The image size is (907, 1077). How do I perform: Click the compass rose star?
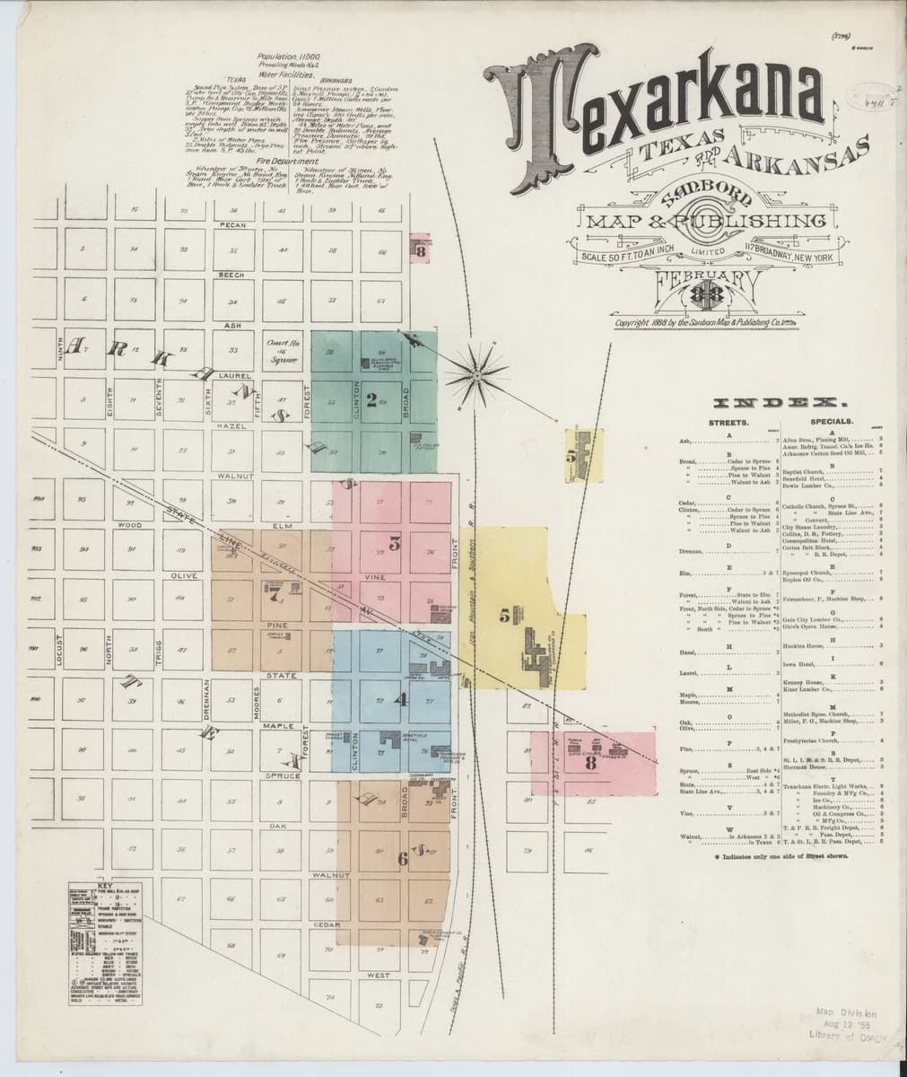[x=480, y=371]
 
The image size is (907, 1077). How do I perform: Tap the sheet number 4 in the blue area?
[x=402, y=698]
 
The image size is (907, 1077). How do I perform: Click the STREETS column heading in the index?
[x=728, y=420]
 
